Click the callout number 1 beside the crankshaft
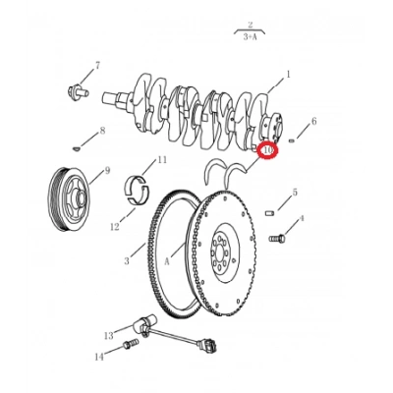coord(288,74)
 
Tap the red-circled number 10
coord(268,150)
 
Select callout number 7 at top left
coord(97,66)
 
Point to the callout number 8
coord(101,132)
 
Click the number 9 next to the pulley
coord(106,169)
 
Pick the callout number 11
coord(162,159)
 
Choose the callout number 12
coord(114,227)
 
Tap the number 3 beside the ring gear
coord(126,261)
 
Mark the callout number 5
coord(295,193)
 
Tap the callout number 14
coord(98,357)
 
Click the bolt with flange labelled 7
coord(75,90)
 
